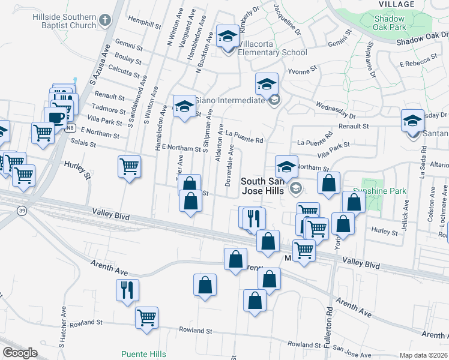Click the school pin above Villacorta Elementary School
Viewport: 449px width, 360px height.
228,37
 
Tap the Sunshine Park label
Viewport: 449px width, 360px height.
384,191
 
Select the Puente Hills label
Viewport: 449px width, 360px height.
143,354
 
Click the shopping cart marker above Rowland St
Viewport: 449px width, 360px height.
146,318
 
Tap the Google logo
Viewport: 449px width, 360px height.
20,353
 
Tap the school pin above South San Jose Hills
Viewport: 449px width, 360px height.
287,166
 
